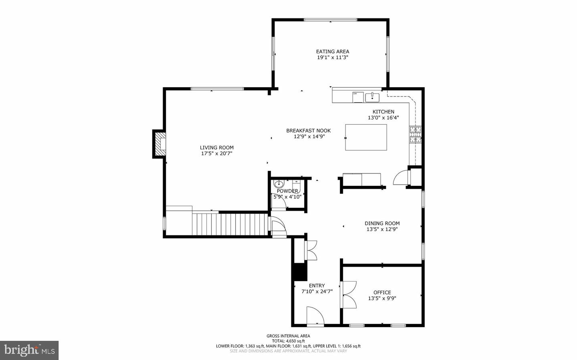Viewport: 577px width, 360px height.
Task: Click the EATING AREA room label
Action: pos(332,51)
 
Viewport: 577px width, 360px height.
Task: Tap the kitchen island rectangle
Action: pos(366,137)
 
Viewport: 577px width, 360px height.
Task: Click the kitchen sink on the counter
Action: pos(372,97)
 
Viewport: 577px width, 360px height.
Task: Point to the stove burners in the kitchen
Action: pos(415,134)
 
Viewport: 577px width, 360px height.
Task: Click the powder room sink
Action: pos(279,184)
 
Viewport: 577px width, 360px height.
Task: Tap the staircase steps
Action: pos(230,225)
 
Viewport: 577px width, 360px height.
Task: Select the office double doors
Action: pos(347,295)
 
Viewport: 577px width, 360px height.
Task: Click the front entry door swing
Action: pos(315,316)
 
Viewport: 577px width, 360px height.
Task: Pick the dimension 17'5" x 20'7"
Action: pos(216,153)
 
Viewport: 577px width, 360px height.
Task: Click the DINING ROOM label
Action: pos(382,223)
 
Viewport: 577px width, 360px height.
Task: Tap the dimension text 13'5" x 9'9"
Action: pos(382,298)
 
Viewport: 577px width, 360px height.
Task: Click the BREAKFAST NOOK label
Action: pos(308,131)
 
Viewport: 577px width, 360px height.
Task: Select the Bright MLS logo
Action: pos(29,350)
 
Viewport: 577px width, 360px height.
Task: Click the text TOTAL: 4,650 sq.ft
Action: pos(288,341)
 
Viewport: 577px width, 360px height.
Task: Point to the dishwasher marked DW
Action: pos(357,97)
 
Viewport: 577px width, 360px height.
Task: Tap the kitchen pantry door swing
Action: pos(401,177)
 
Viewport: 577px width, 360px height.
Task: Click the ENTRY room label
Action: pos(317,286)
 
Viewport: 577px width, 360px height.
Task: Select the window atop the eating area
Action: pos(330,20)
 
